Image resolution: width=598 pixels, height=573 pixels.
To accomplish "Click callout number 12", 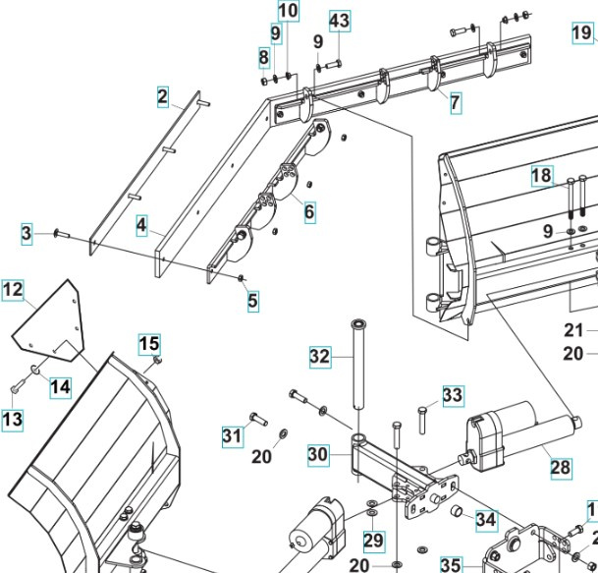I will [13, 290].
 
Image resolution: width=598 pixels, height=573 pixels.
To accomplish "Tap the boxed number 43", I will [339, 21].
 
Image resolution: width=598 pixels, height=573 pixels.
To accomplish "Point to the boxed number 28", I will [560, 468].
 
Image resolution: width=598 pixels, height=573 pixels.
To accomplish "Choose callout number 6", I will [309, 210].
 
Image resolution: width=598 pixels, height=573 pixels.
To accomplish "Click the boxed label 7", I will [456, 101].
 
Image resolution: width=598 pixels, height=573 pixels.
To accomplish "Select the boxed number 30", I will [317, 455].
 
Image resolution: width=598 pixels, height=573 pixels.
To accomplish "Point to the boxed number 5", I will [253, 302].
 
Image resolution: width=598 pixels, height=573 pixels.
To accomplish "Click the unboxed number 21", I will [573, 330].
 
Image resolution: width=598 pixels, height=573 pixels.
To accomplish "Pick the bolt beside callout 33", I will [421, 417].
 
